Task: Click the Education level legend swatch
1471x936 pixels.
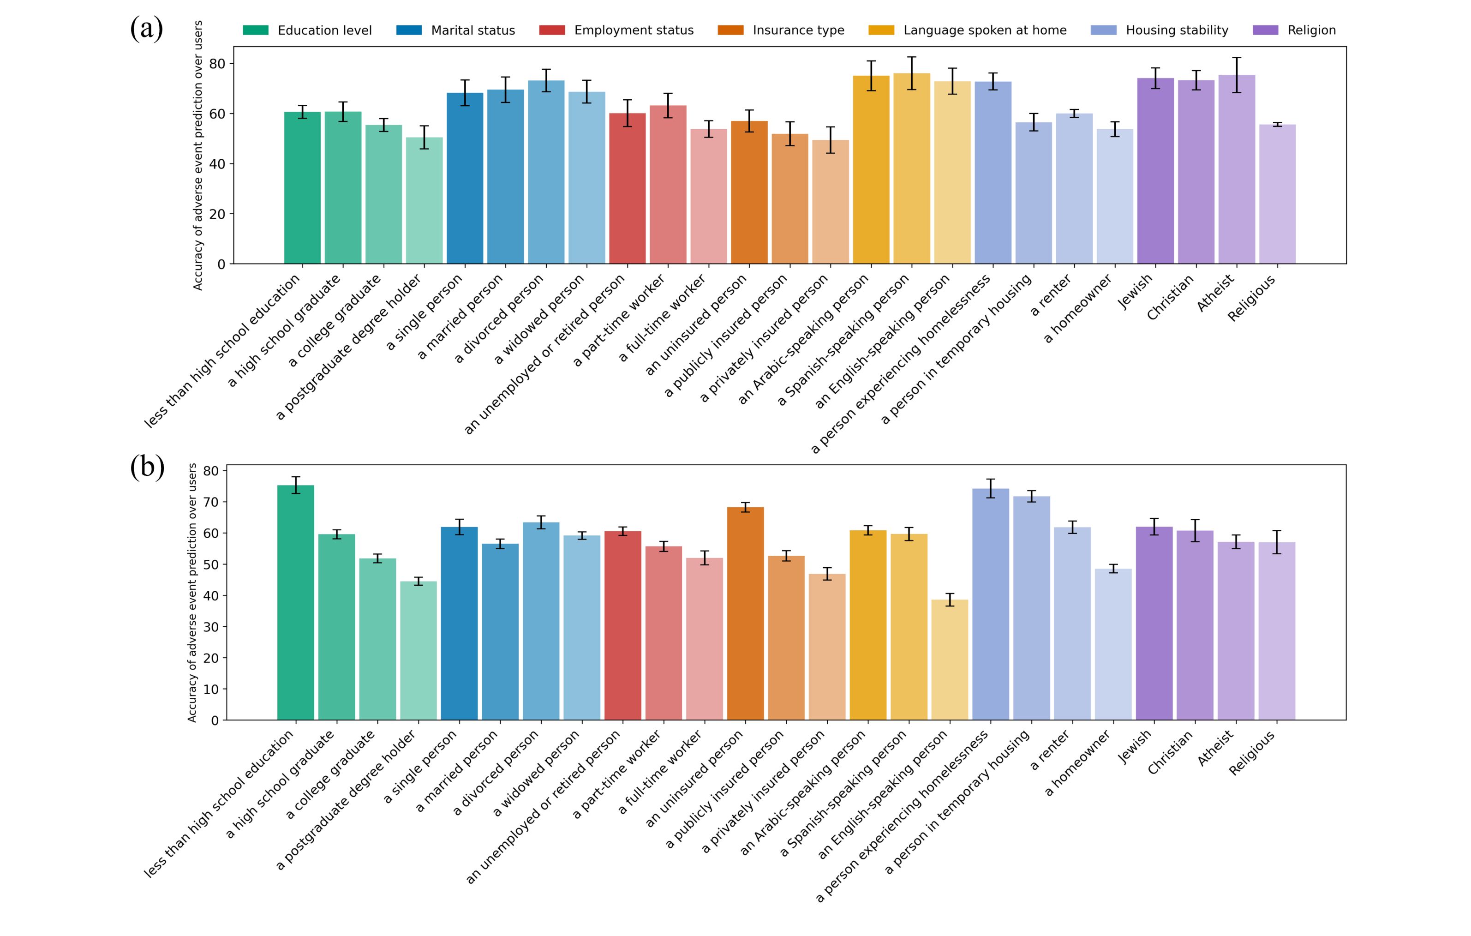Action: coord(255,30)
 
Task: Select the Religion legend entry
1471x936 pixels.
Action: coord(1311,30)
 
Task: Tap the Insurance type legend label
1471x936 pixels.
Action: coord(798,30)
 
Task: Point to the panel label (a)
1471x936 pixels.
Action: coord(147,29)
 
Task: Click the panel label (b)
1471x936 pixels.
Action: coord(147,468)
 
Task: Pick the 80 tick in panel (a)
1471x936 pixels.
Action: coord(217,64)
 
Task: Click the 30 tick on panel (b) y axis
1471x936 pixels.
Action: coord(211,627)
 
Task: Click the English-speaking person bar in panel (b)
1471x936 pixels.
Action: coord(949,660)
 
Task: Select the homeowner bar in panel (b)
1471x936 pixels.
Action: coord(1113,645)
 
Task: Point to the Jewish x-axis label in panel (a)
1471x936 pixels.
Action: coord(1135,292)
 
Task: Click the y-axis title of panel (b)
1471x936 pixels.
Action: coord(192,593)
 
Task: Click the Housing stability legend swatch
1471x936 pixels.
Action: coord(1103,30)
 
